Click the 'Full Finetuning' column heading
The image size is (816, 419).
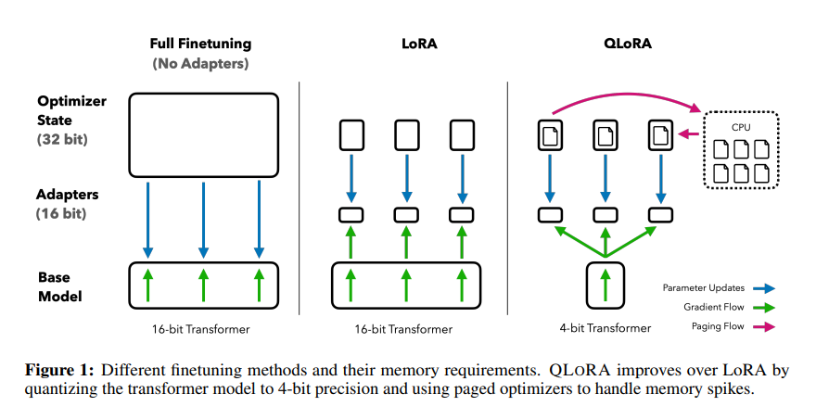200,44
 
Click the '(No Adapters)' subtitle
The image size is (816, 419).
200,64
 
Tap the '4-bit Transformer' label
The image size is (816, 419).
605,328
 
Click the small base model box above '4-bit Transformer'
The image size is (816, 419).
605,284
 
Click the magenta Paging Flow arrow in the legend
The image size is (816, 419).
763,325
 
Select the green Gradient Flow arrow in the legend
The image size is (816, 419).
763,306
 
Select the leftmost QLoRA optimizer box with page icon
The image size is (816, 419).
551,136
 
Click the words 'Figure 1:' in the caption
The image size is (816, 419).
61,370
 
